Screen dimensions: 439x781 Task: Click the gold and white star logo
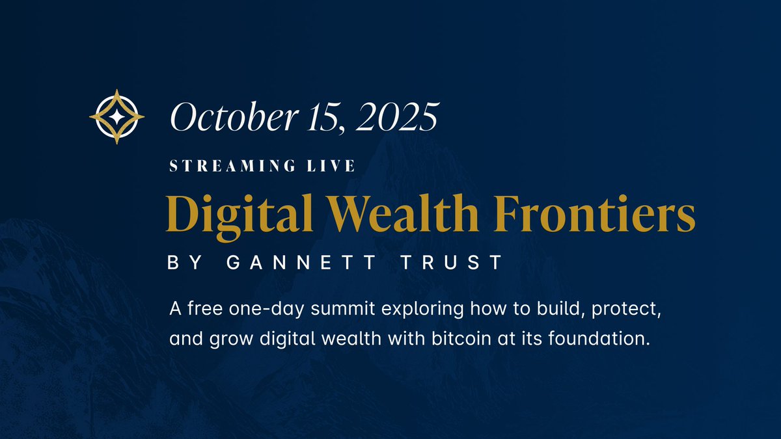[x=116, y=116]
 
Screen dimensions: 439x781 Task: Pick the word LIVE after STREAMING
[x=335, y=166]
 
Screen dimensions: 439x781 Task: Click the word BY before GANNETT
[x=183, y=263]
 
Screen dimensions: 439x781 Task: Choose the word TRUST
[x=461, y=263]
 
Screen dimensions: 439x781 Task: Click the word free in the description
[x=199, y=308]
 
